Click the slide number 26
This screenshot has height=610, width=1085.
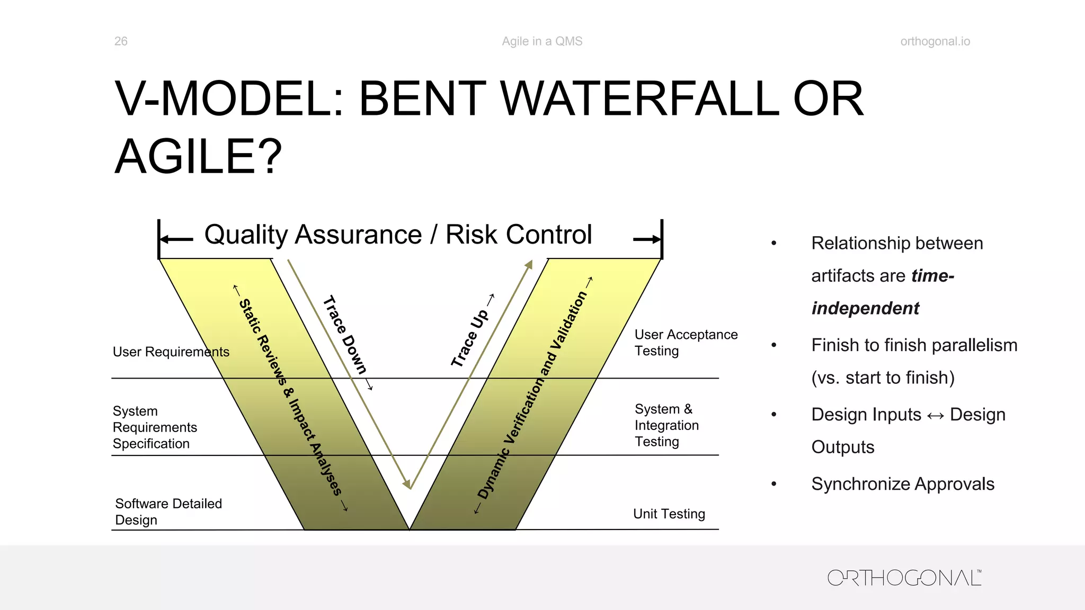pos(121,41)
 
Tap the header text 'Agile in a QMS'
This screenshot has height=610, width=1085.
pos(542,41)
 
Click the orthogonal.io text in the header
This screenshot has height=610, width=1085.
pos(935,41)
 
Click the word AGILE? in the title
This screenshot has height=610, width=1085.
pos(199,157)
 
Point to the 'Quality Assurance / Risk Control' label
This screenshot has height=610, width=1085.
pos(398,235)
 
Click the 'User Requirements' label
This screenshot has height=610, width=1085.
pos(171,352)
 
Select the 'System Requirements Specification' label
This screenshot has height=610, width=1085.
pos(155,427)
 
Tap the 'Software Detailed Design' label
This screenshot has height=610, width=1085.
pos(168,512)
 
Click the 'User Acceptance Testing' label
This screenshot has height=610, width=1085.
pos(686,343)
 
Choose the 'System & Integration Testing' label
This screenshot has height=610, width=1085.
pos(666,425)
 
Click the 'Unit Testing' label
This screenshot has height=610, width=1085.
pos(669,514)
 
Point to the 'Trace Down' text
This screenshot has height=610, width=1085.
pos(345,335)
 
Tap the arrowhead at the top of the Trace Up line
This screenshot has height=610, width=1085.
pos(529,264)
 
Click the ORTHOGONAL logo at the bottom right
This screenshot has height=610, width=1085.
pos(904,578)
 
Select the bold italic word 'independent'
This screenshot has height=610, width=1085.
pos(865,308)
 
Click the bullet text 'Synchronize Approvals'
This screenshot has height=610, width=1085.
pos(903,484)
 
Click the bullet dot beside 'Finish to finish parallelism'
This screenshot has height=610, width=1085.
pos(774,345)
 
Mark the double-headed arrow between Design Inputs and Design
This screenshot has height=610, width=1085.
pos(936,416)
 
